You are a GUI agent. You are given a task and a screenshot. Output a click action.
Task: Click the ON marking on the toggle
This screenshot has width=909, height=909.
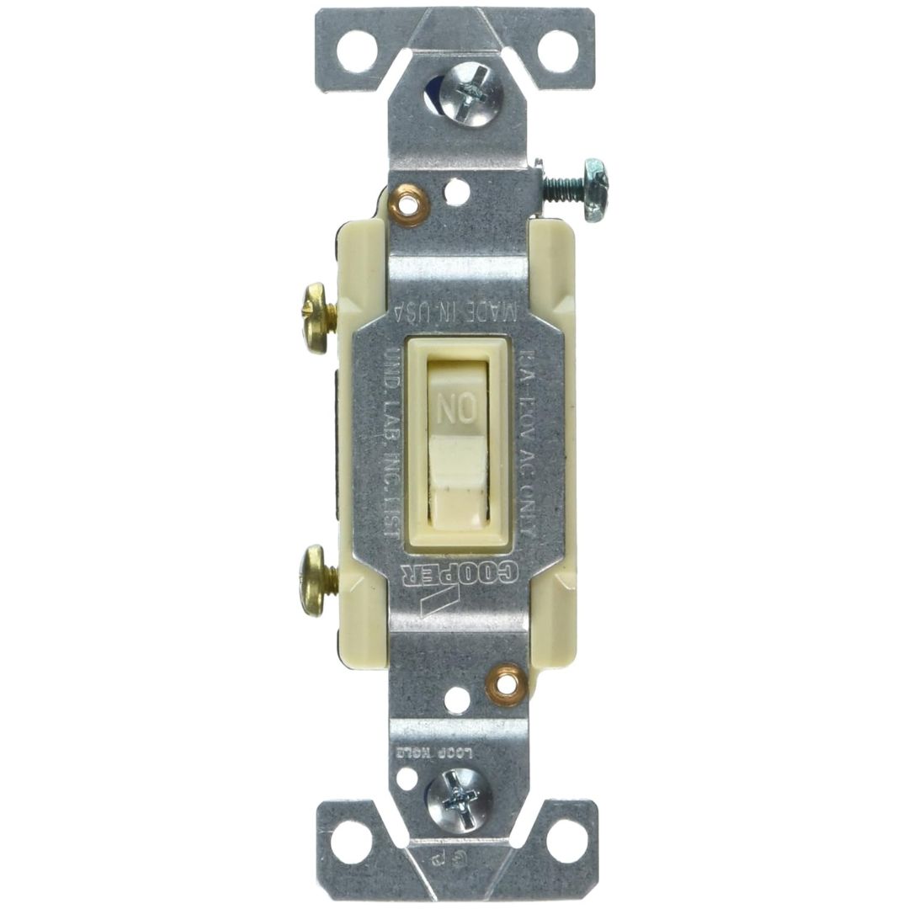coord(454,411)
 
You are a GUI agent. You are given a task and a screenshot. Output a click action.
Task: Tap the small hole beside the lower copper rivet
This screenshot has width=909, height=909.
coord(459,698)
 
